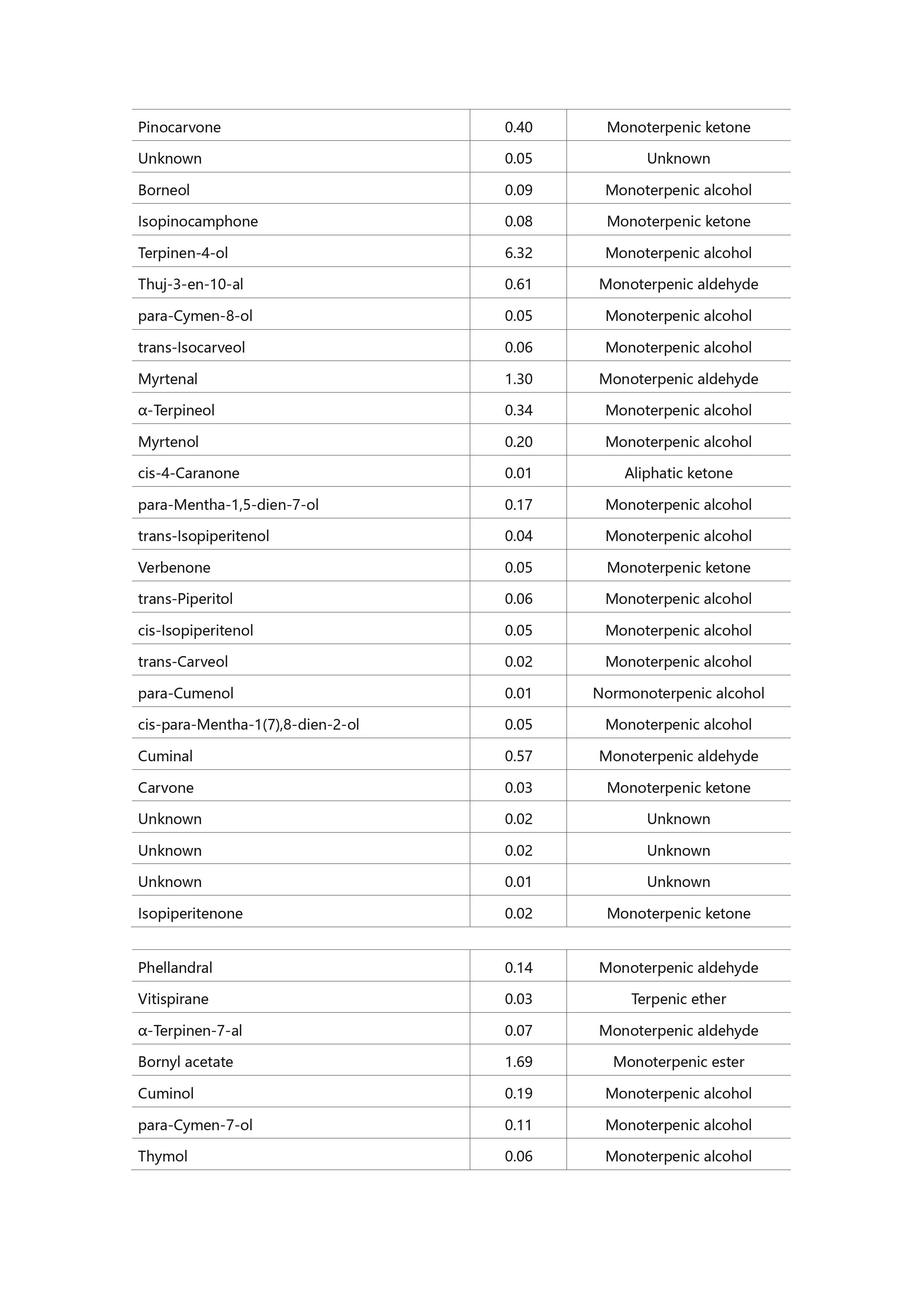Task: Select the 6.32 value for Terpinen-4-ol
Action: [x=518, y=253]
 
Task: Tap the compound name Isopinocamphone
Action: [x=198, y=222]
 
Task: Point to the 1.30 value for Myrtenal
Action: [x=518, y=379]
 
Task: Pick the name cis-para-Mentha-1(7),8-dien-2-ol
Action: [x=248, y=725]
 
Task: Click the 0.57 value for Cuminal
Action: [x=518, y=756]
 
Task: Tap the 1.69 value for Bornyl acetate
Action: [x=518, y=1062]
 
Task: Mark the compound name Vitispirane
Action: [x=173, y=999]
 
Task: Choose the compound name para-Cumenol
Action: [x=186, y=694]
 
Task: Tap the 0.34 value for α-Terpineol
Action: [x=518, y=410]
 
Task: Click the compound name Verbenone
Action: [x=174, y=568]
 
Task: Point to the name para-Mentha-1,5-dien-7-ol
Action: [x=228, y=505]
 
